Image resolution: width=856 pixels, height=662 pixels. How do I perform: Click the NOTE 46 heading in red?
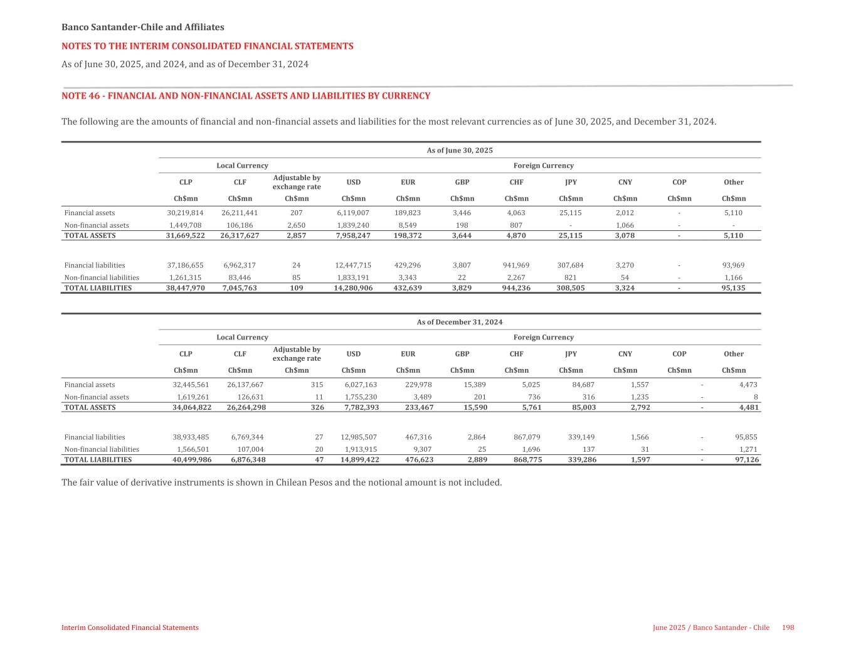pos(246,96)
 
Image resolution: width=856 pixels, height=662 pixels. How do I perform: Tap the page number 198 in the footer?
pos(788,627)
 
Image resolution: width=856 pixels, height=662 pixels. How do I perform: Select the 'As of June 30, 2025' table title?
pos(460,151)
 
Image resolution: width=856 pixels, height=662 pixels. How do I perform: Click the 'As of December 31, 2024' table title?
pos(460,322)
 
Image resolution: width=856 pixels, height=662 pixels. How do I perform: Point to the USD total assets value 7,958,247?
pos(354,236)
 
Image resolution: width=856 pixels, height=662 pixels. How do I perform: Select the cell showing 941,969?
pos(516,265)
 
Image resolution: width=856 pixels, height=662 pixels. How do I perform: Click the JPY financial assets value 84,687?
pos(581,385)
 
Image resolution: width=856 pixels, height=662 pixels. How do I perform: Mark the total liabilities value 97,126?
pos(747,460)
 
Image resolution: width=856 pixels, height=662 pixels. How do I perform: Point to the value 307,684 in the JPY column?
pos(570,265)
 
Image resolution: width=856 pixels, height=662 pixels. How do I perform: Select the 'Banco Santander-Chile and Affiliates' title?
pos(143,27)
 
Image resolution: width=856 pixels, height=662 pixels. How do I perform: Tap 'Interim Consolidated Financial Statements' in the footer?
pos(130,627)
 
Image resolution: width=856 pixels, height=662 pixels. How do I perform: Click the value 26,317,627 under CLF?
pos(240,236)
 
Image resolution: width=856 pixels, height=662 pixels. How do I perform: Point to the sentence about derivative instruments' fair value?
pos(282,483)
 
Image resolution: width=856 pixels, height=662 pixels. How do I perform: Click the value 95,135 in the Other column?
pos(733,288)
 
